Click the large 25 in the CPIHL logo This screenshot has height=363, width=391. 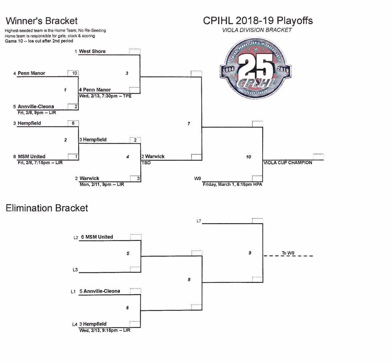pyautogui.click(x=255, y=66)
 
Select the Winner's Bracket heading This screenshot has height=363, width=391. pyautogui.click(x=42, y=21)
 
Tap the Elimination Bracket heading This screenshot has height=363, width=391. pyautogui.click(x=47, y=208)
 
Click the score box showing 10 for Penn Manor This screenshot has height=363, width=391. pyautogui.click(x=73, y=73)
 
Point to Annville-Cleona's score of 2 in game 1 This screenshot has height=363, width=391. pyautogui.click(x=73, y=107)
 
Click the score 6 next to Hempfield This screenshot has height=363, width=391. pyautogui.click(x=73, y=123)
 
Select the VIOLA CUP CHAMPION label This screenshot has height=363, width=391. pyautogui.click(x=288, y=163)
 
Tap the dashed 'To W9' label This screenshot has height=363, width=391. pyautogui.click(x=288, y=253)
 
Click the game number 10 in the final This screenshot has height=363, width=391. pyautogui.click(x=249, y=157)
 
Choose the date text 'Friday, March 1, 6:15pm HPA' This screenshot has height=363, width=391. pyautogui.click(x=233, y=185)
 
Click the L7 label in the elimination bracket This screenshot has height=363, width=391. pyautogui.click(x=199, y=221)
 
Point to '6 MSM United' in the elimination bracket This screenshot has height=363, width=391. pyautogui.click(x=97, y=237)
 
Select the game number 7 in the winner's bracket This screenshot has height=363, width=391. pyautogui.click(x=189, y=123)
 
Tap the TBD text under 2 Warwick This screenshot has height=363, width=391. pyautogui.click(x=146, y=163)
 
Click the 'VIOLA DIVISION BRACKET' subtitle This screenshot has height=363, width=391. pyautogui.click(x=257, y=30)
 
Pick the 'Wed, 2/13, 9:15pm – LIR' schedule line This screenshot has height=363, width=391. pyautogui.click(x=105, y=330)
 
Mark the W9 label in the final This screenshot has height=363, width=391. pyautogui.click(x=197, y=178)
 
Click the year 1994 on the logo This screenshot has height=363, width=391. pyautogui.click(x=228, y=70)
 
